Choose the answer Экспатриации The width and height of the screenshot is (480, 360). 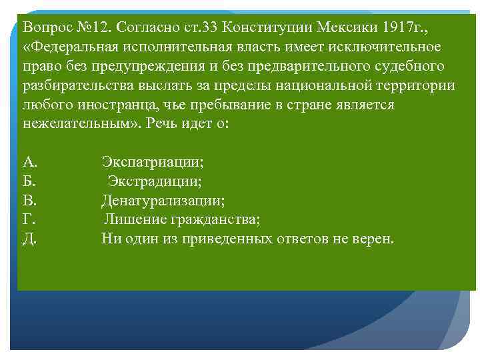coord(153,162)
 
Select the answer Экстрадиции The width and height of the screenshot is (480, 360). coord(155,181)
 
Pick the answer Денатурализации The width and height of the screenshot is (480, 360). coord(163,201)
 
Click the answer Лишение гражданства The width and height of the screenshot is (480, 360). coord(181,220)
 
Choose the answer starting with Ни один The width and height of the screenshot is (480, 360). coord(247,239)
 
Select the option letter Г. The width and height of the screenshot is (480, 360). coord(29,220)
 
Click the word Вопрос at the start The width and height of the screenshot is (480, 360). coord(45,27)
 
